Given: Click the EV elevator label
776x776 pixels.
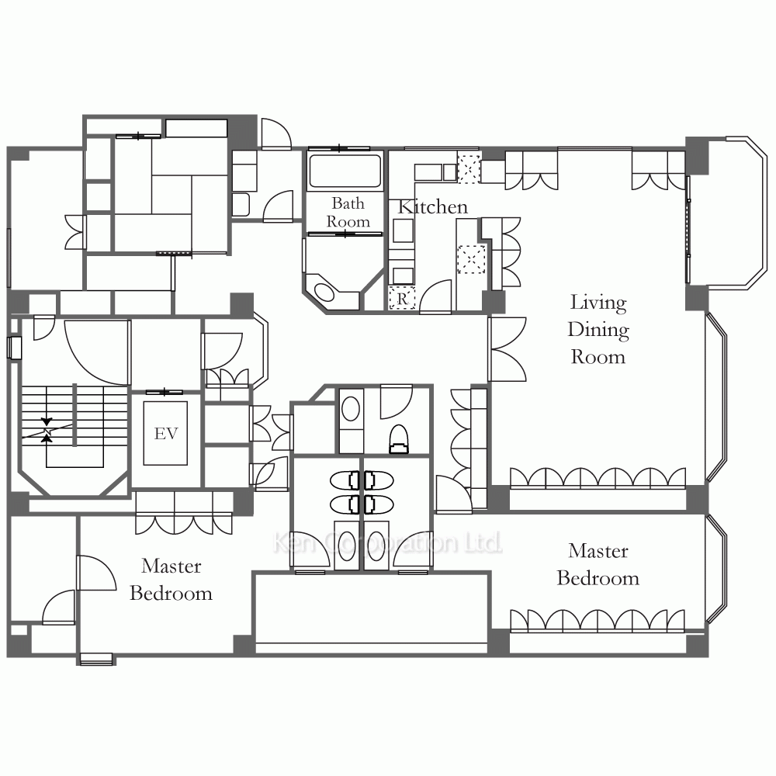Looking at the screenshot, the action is click(166, 434).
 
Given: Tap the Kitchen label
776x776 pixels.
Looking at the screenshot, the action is click(432, 207).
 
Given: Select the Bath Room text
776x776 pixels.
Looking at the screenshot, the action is click(348, 213).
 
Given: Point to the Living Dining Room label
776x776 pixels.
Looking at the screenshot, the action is click(598, 329).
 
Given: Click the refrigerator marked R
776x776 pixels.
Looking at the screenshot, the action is click(402, 298).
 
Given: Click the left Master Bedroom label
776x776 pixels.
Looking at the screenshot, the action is click(171, 580).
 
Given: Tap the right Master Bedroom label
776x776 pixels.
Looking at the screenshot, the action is click(598, 565).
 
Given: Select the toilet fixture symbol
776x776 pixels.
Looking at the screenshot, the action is click(400, 438).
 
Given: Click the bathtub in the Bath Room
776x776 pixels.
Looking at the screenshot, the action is click(345, 171).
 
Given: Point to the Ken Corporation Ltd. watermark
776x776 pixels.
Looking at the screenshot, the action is click(387, 543).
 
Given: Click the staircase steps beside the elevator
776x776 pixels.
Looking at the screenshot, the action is click(74, 416).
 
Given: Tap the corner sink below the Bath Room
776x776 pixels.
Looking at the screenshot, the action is click(324, 292).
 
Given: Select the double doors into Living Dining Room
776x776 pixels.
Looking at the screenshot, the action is click(507, 349).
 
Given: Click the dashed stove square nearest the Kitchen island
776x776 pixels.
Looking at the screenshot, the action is click(471, 259).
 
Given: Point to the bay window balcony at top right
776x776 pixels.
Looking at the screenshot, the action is click(728, 212).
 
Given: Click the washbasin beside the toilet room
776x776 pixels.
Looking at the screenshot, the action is click(351, 410).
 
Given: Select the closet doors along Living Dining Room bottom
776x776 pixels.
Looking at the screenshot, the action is click(598, 478).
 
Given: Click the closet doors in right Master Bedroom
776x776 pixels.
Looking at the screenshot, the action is click(598, 621).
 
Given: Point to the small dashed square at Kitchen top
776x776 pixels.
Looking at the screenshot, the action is click(469, 168).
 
